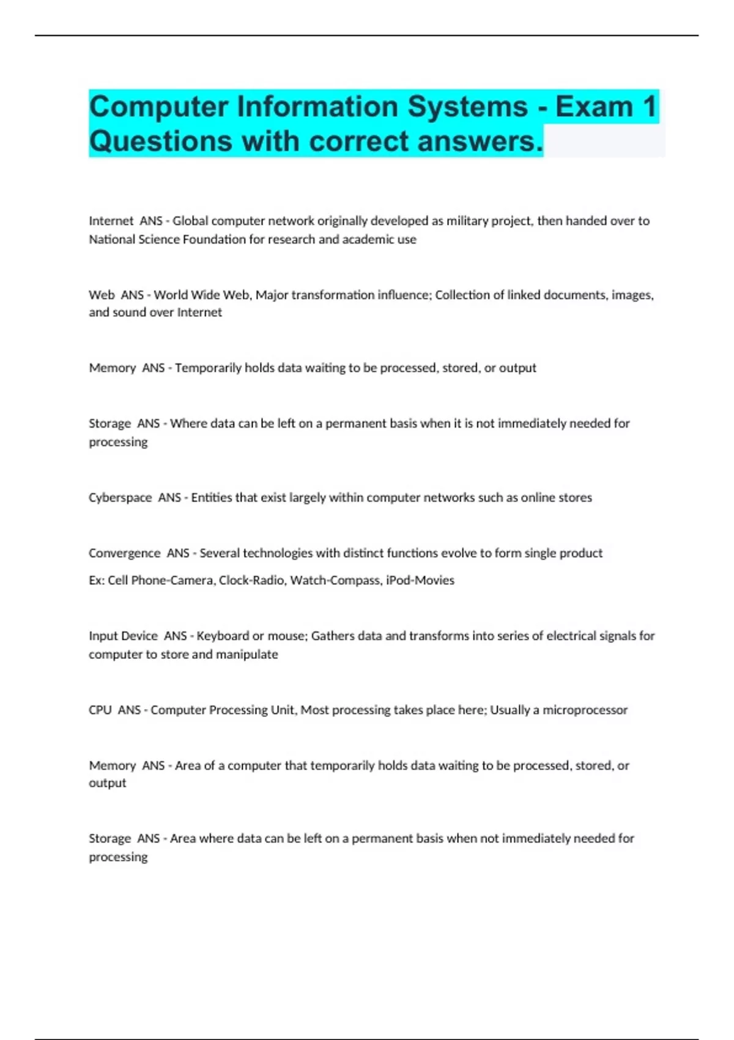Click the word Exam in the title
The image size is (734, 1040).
pos(594,106)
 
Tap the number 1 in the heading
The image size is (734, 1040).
pos(650,106)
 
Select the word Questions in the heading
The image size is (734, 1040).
pos(160,141)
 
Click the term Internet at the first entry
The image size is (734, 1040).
pos(111,221)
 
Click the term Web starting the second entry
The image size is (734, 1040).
pos(102,295)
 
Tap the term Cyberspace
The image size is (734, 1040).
pos(120,497)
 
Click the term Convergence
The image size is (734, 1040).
pos(124,553)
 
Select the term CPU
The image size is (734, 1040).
pos(100,710)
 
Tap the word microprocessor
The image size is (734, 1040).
pos(585,710)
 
